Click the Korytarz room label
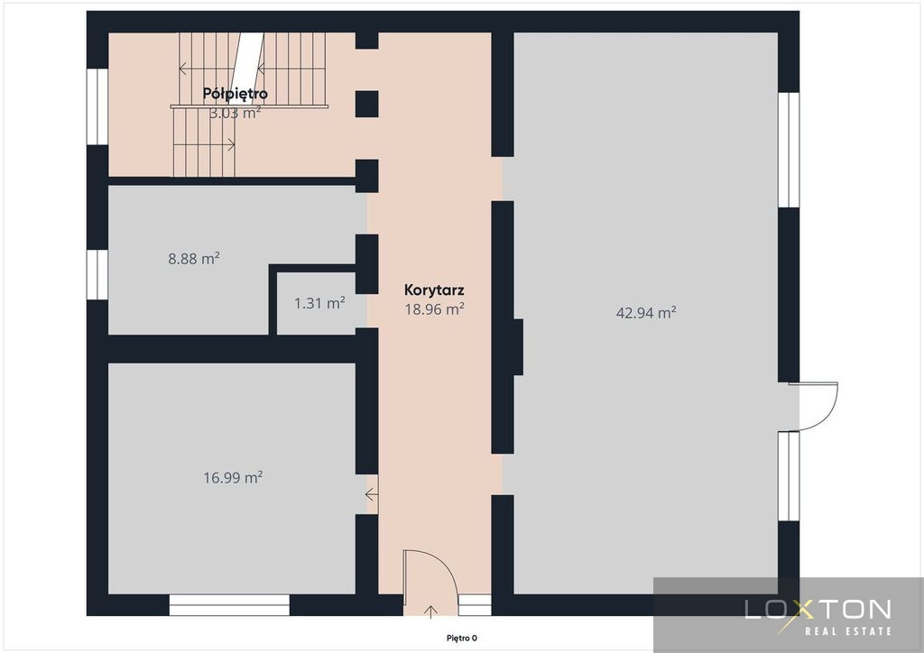tap(434, 290)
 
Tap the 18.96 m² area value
tap(434, 309)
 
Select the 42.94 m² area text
tap(646, 313)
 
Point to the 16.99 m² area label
tap(233, 477)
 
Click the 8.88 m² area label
tap(194, 259)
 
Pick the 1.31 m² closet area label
tap(319, 303)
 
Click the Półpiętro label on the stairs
tap(236, 94)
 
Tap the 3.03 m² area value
tap(236, 113)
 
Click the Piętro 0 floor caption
tap(461, 639)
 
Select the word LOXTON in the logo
tap(818, 610)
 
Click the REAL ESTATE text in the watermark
tap(848, 631)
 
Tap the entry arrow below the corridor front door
tap(430, 612)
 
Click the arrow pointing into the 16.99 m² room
tap(372, 494)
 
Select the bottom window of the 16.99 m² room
tap(229, 605)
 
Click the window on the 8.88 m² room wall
tap(97, 274)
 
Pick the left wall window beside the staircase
tap(97, 106)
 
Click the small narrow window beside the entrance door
tap(475, 605)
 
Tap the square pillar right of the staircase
tap(366, 105)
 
